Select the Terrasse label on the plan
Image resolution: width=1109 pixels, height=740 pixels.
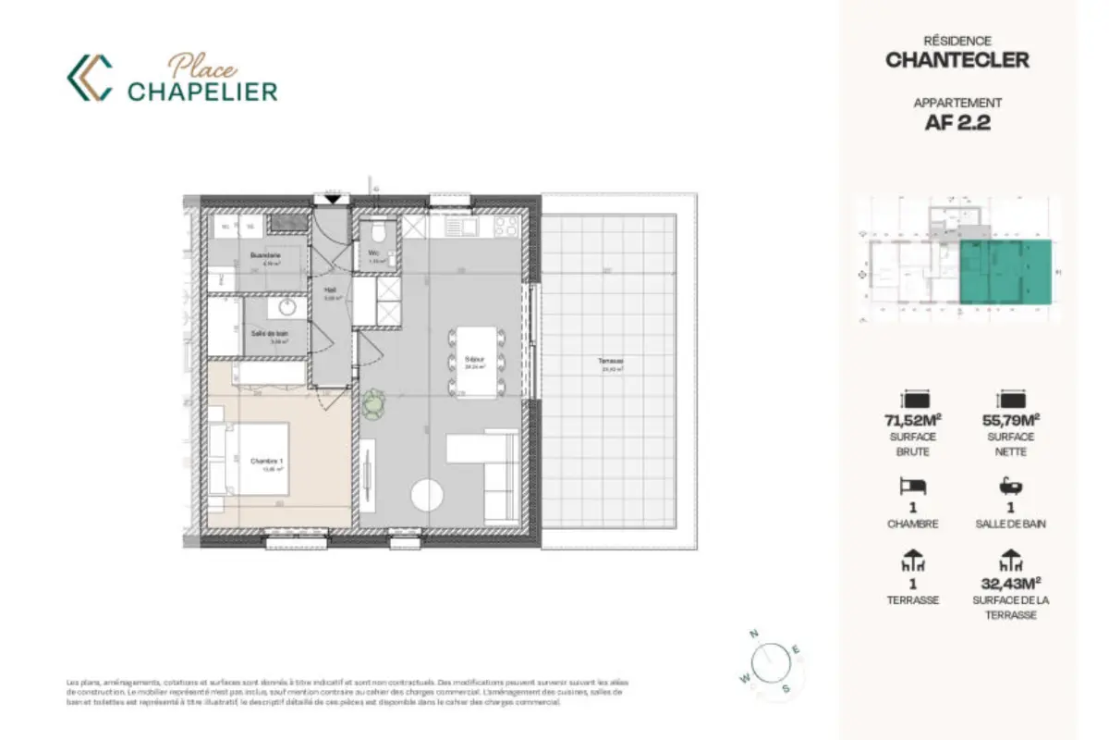610,362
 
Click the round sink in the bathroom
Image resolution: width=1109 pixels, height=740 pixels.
286,306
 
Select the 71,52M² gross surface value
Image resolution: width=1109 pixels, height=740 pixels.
912,422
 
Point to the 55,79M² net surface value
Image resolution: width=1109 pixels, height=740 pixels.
1009,422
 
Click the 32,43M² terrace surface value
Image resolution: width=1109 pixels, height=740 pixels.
1010,583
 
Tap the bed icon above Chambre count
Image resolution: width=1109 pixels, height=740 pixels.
911,486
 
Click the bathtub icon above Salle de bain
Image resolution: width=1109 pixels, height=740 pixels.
1009,486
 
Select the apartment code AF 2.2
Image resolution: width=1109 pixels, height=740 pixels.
957,123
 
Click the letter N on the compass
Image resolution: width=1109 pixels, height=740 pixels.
754,634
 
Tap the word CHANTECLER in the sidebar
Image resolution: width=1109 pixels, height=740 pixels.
957,61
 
